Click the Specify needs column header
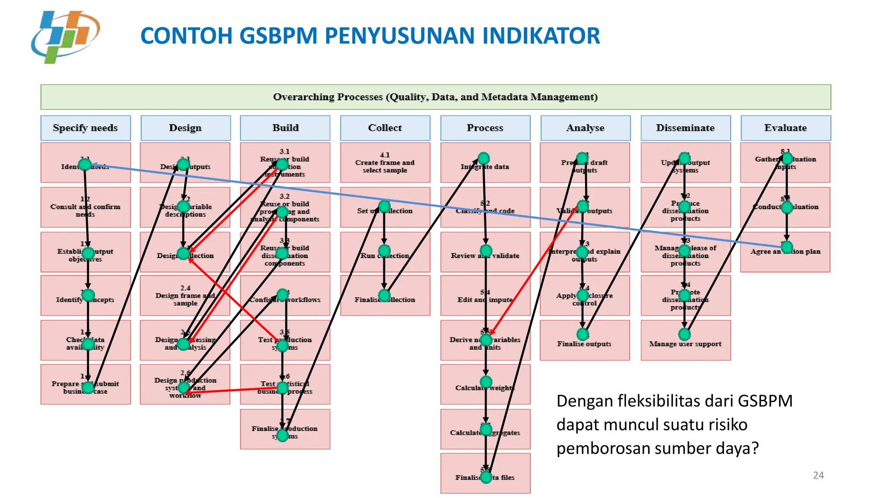(86, 128)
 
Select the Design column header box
(185, 128)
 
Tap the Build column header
(285, 128)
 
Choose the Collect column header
(385, 128)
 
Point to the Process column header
(485, 128)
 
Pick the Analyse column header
(586, 128)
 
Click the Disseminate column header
(685, 128)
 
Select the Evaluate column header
(786, 128)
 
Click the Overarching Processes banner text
(436, 97)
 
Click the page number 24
(818, 476)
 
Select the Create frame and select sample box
(385, 163)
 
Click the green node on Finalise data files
(486, 477)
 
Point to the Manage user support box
(685, 344)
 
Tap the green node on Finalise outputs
(583, 334)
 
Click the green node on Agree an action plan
(787, 247)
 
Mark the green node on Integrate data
(484, 158)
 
